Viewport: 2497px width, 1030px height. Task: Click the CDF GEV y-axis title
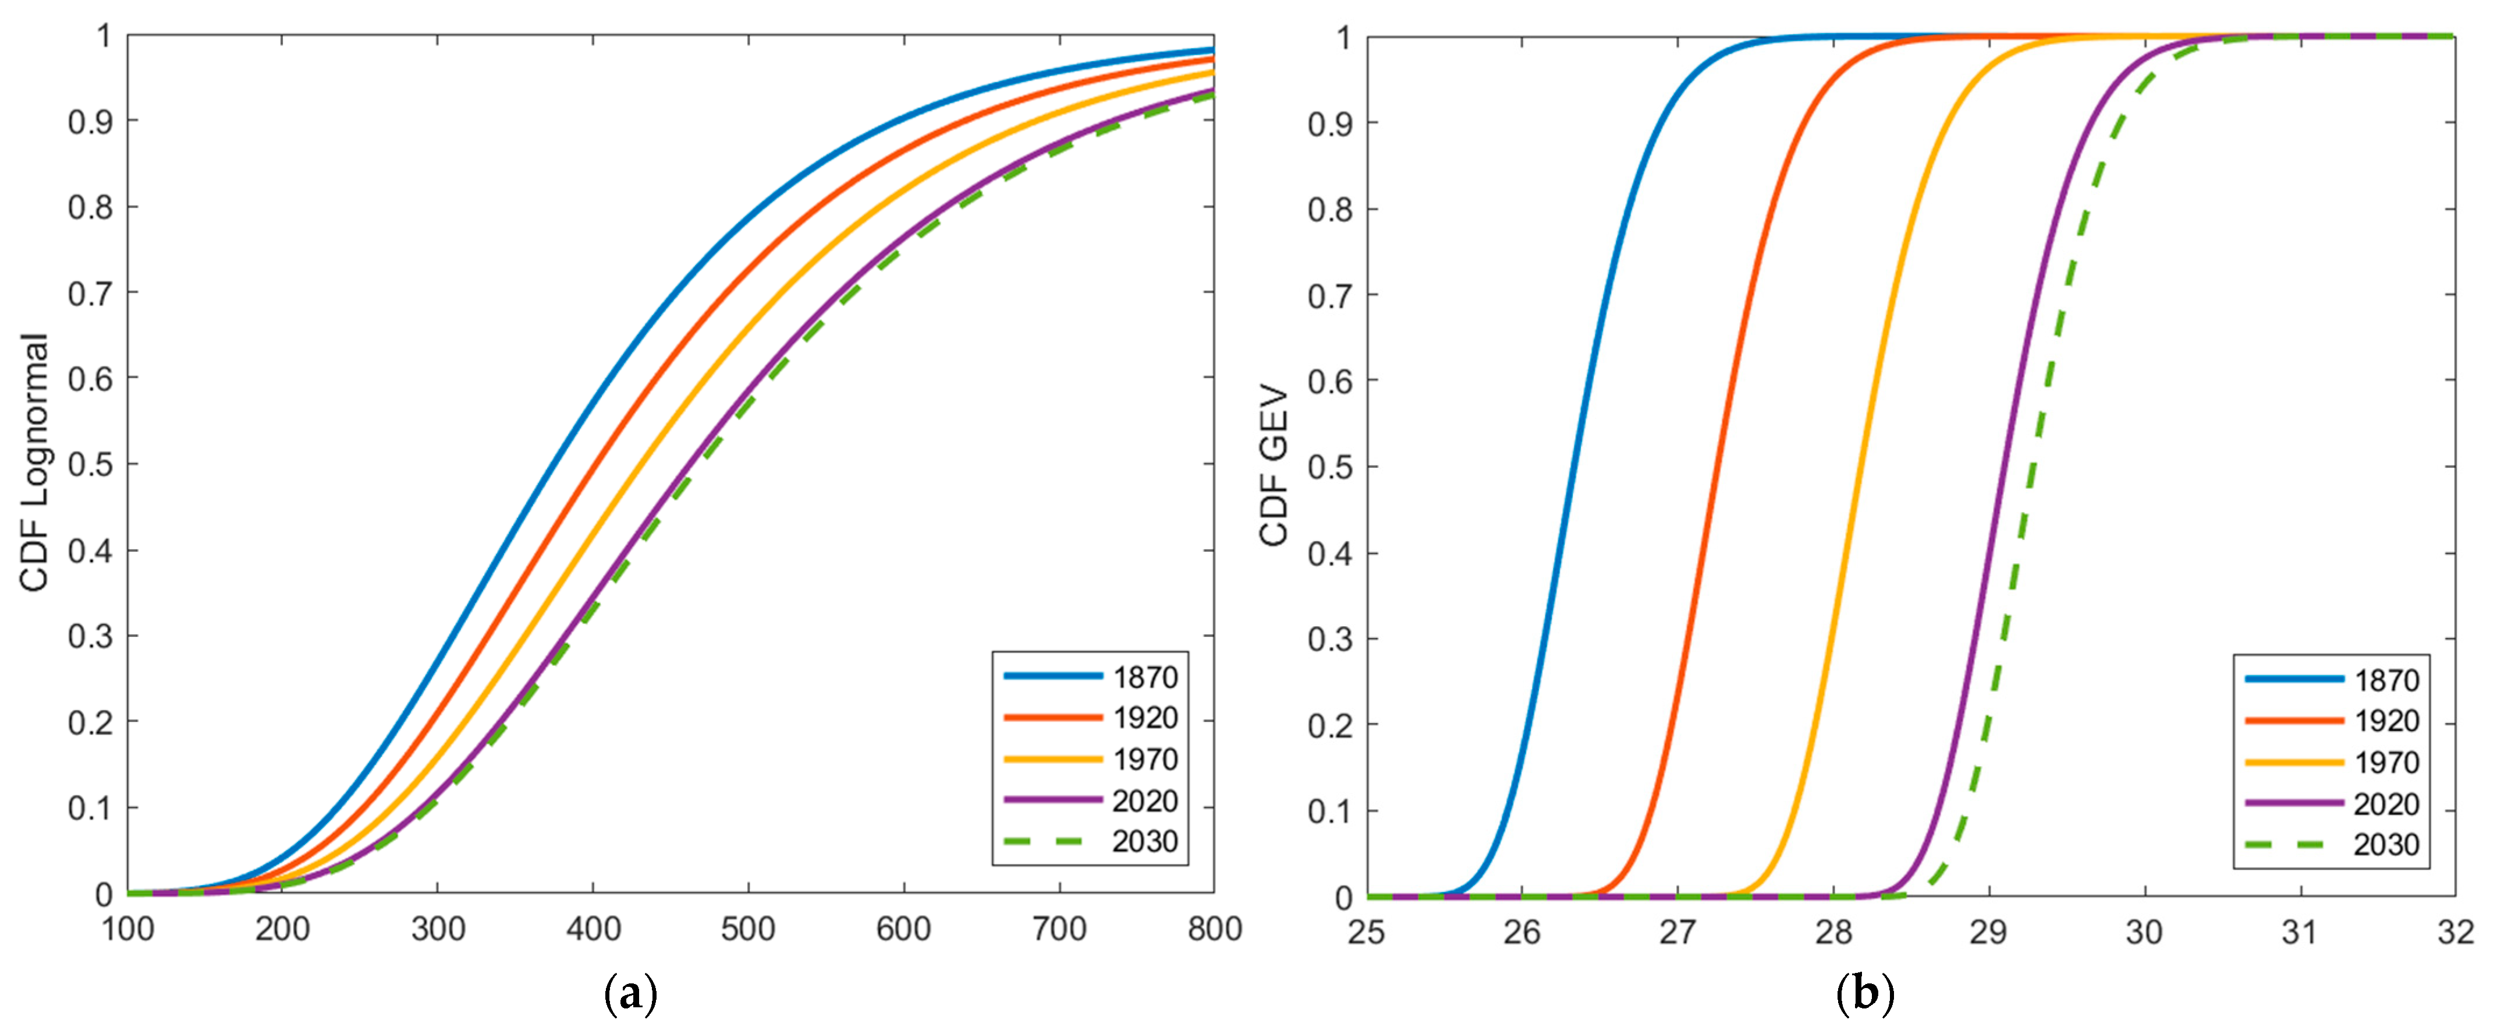pyautogui.click(x=1274, y=465)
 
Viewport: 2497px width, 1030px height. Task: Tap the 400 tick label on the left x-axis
pyautogui.click(x=593, y=929)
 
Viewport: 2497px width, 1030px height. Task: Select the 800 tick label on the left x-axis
pyautogui.click(x=1214, y=929)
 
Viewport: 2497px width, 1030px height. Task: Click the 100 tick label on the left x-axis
pyautogui.click(x=128, y=929)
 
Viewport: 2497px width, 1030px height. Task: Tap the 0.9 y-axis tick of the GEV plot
pyautogui.click(x=1330, y=124)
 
